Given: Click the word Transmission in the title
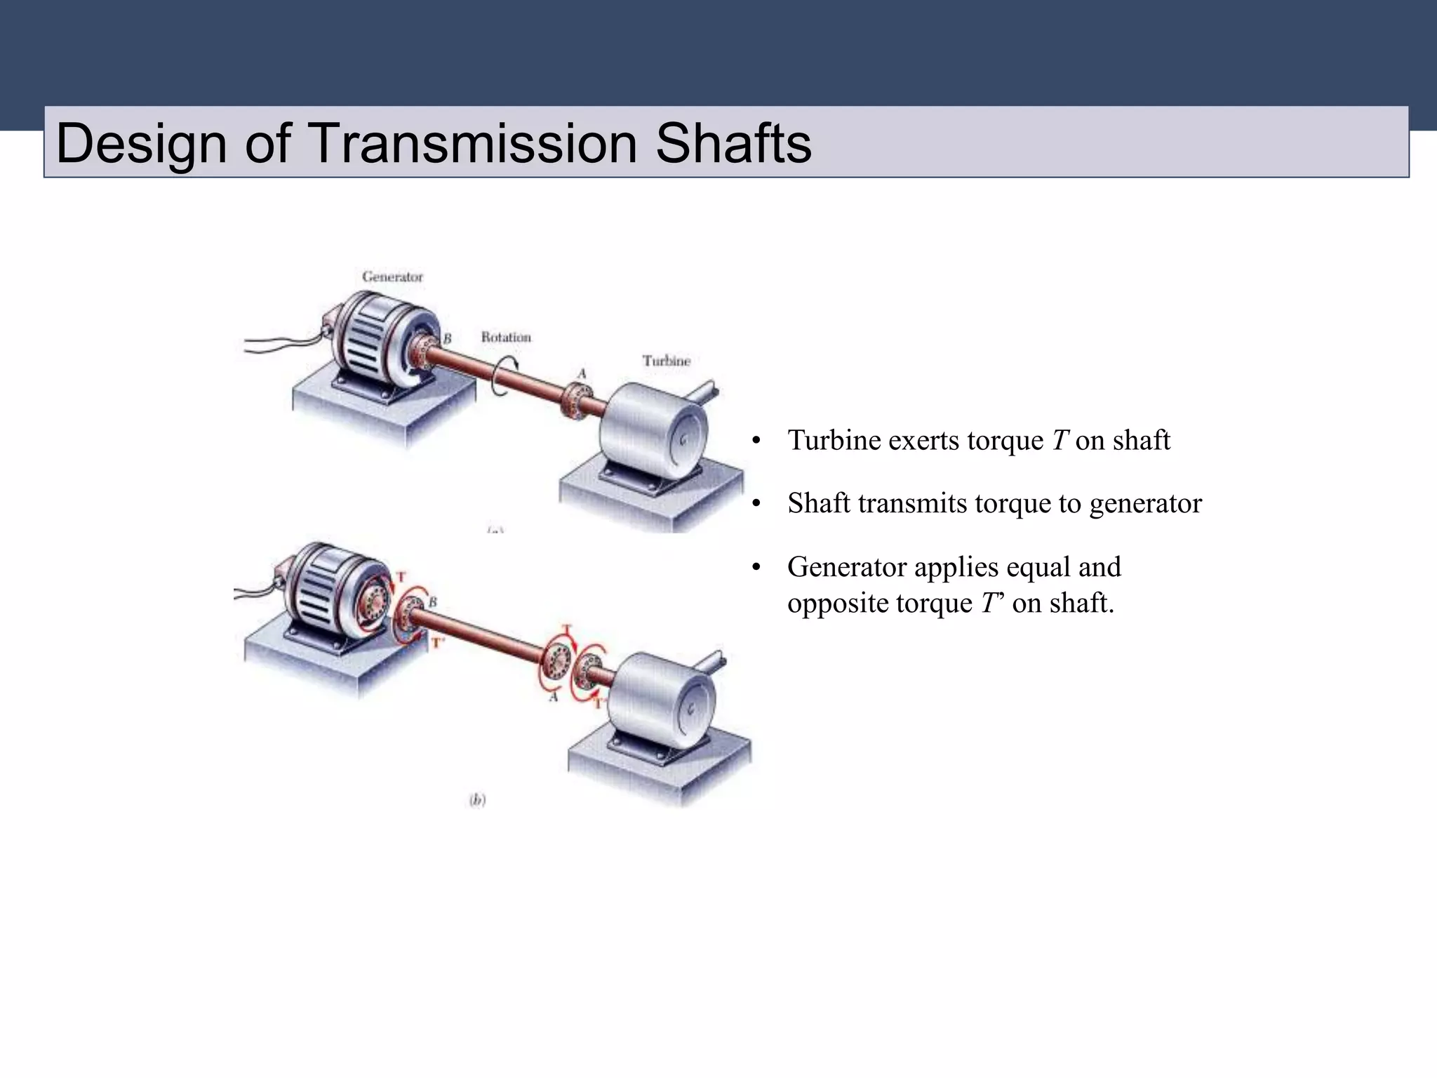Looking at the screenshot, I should [x=472, y=143].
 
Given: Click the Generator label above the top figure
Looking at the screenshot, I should [x=392, y=277].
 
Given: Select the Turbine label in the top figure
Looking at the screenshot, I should [x=666, y=361].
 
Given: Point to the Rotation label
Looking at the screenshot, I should [x=506, y=337].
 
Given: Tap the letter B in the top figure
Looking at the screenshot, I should [x=447, y=338].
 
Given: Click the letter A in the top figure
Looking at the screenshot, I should [x=581, y=373].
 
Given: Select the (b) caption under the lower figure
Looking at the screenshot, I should [x=477, y=799].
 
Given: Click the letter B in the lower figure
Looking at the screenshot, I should [x=432, y=602].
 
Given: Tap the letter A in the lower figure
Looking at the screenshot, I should [x=554, y=697].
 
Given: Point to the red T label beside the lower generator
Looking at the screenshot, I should [x=401, y=577].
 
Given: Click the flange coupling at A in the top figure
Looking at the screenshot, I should [x=577, y=401].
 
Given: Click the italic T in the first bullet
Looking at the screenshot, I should [x=1059, y=441].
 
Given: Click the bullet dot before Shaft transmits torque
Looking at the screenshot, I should [x=756, y=505].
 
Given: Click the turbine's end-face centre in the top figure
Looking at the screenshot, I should [x=683, y=439].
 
